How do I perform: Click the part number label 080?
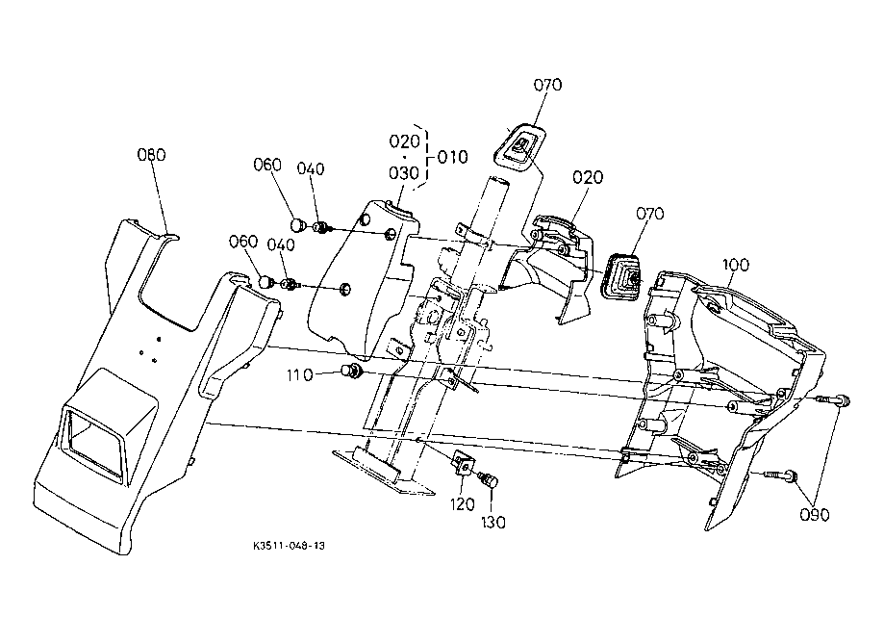pyautogui.click(x=152, y=155)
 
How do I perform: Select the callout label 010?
pyautogui.click(x=453, y=157)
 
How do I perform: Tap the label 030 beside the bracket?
pyautogui.click(x=404, y=172)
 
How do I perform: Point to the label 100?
pyautogui.click(x=735, y=265)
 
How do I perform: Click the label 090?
pyautogui.click(x=815, y=515)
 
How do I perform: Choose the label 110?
pyautogui.click(x=300, y=375)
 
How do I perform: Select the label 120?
pyautogui.click(x=463, y=504)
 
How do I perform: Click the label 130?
pyautogui.click(x=493, y=523)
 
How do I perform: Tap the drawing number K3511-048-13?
pyautogui.click(x=290, y=546)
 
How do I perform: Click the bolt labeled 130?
pyautogui.click(x=489, y=480)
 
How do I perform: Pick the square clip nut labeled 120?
pyautogui.click(x=463, y=463)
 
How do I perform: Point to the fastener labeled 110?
pyautogui.click(x=352, y=372)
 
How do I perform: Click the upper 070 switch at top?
pyautogui.click(x=519, y=146)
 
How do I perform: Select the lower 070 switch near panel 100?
pyautogui.click(x=622, y=277)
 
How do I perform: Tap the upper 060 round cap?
pyautogui.click(x=298, y=225)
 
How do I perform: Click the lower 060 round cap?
pyautogui.click(x=265, y=280)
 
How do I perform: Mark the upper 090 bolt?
pyautogui.click(x=833, y=400)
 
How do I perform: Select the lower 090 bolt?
pyautogui.click(x=781, y=476)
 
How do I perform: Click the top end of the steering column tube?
pyautogui.click(x=497, y=181)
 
